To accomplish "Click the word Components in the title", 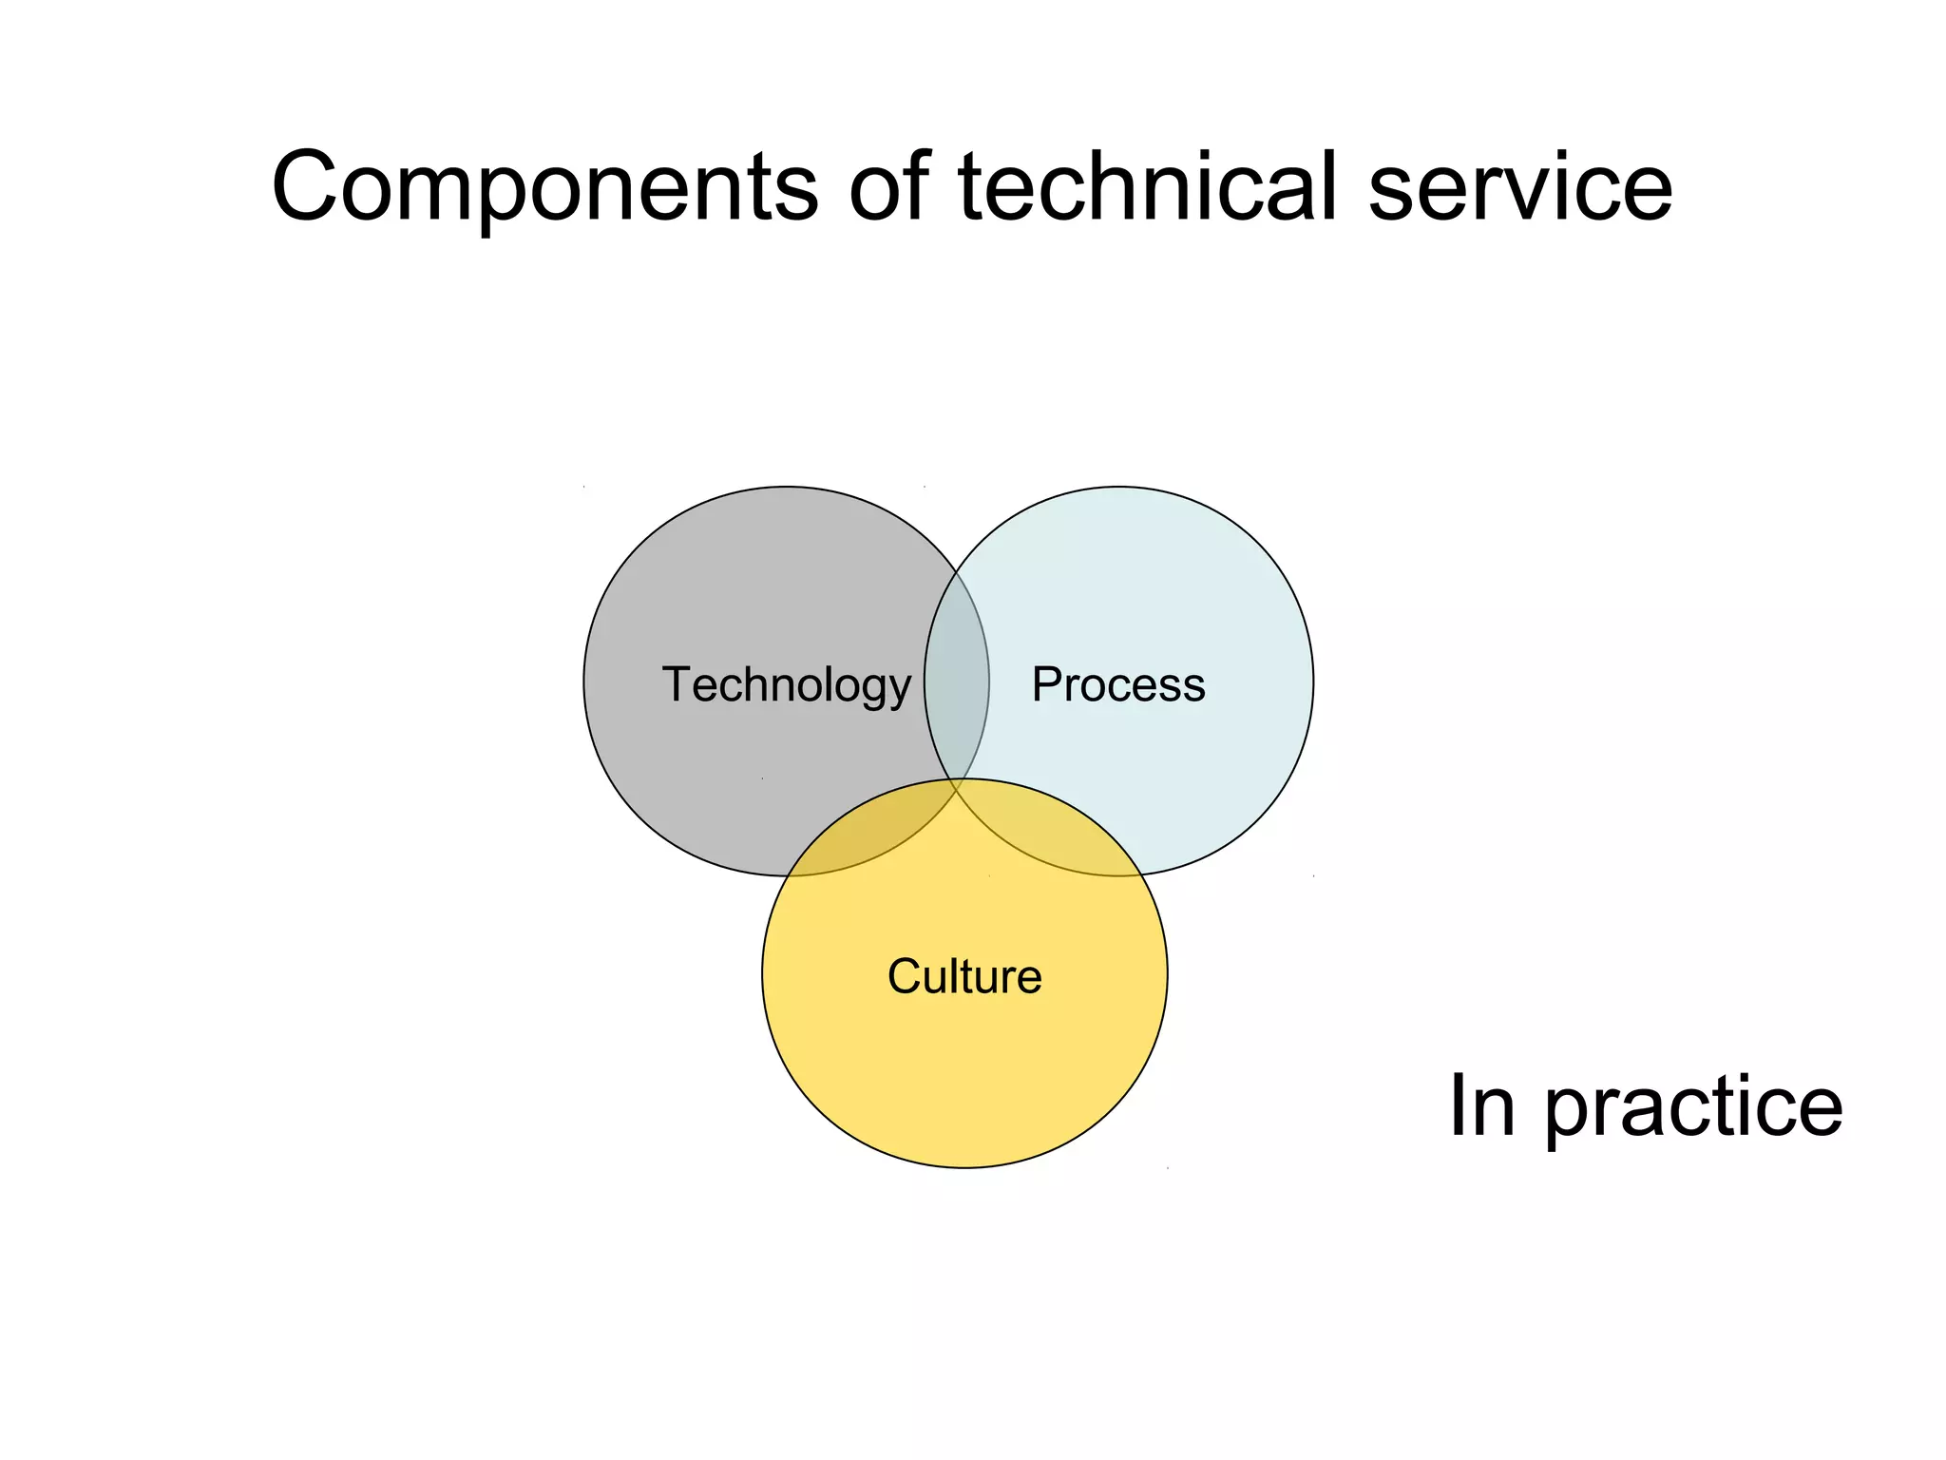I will click(544, 187).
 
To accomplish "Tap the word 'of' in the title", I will click(888, 187).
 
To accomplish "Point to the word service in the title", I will click(1519, 187).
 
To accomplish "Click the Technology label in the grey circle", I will click(786, 684).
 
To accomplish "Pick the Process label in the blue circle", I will click(1118, 684).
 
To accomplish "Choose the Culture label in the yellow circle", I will click(964, 976).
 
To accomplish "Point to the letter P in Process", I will click(1046, 684).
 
